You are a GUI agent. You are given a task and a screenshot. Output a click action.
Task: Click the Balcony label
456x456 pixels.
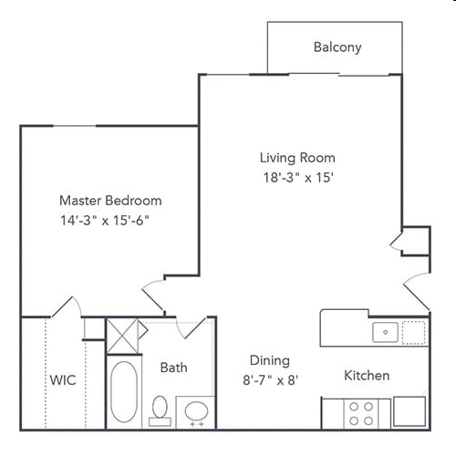[x=337, y=47]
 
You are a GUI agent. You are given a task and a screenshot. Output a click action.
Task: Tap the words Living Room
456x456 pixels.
[x=297, y=158]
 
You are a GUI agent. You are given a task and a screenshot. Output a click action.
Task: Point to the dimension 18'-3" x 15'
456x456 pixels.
[x=297, y=178]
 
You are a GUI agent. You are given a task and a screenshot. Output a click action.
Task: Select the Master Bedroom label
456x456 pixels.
[x=110, y=201]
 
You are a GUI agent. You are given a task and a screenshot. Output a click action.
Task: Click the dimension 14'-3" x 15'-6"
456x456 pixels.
[x=103, y=221]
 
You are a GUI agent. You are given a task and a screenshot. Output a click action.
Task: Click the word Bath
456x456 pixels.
[x=174, y=368]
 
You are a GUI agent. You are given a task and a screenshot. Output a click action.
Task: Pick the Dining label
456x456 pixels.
[x=270, y=360]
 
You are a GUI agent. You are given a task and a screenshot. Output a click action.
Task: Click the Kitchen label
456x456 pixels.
[x=367, y=376]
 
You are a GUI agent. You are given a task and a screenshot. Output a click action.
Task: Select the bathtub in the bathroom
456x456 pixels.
[x=124, y=392]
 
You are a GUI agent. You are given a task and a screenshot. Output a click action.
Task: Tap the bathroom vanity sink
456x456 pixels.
[x=194, y=411]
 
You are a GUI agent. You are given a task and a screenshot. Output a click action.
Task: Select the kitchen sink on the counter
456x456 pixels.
[x=385, y=332]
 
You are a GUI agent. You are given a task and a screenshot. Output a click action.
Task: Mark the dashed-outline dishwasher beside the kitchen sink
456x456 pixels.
[x=414, y=331]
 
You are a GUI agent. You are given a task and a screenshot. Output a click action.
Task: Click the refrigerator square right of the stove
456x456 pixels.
[x=409, y=411]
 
